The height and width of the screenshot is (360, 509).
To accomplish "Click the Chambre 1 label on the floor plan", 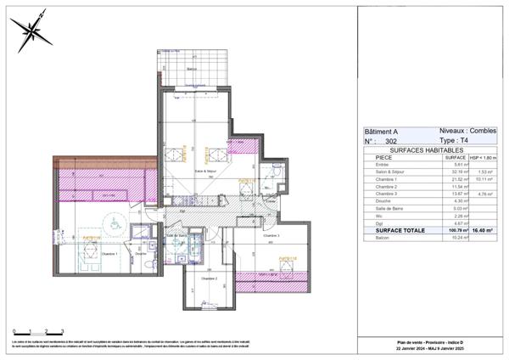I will point(87,254).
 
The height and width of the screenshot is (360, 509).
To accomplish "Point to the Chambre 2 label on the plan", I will point(210,278).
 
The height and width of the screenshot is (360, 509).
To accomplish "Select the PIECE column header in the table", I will point(383,158).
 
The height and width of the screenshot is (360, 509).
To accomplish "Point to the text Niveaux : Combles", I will point(467,131).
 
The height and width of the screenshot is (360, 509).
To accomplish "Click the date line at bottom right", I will point(433,348).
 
